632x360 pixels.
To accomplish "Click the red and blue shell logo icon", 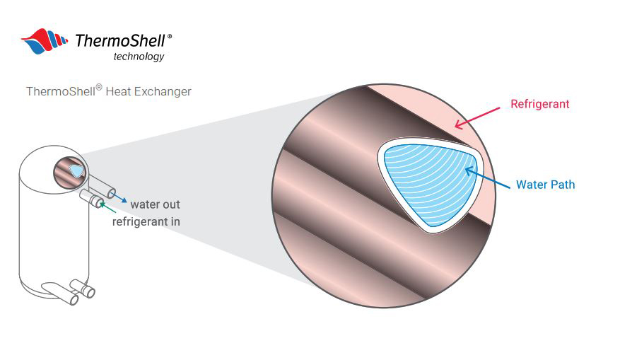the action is point(45,41).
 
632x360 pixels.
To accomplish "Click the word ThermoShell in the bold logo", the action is point(120,41).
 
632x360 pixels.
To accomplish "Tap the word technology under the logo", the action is point(139,57).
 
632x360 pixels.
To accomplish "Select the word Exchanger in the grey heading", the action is point(163,91).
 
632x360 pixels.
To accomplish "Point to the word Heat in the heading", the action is point(118,91).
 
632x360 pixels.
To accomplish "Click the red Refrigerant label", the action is point(539,104).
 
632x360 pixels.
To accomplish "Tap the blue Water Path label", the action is point(545,185).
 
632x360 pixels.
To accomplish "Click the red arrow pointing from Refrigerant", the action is point(477,118).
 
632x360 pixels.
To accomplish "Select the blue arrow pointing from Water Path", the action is point(488,178).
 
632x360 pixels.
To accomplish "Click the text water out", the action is point(156,204).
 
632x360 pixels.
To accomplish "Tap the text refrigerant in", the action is point(146,221).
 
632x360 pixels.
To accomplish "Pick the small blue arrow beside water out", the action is point(119,197).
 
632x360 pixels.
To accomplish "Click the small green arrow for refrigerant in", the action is point(107,207).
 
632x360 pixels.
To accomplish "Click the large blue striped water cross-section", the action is point(430,185).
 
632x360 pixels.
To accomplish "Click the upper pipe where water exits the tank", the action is point(102,186).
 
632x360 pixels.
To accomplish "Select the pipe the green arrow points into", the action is point(92,198).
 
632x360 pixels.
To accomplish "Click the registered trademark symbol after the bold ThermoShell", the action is point(169,36).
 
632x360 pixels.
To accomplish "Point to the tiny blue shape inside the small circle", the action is point(76,171).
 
